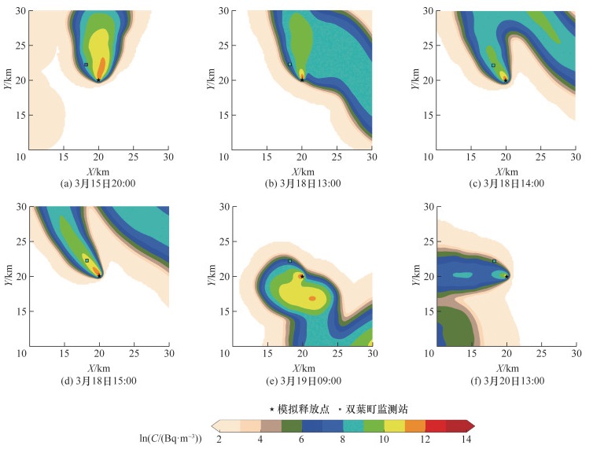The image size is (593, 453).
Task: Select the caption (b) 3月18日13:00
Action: click(301, 183)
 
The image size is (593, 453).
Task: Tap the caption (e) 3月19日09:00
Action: click(301, 381)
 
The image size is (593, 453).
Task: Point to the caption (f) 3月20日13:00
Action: click(506, 381)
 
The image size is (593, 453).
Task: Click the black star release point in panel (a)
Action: click(98, 79)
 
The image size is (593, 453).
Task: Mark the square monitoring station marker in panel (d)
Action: click(87, 260)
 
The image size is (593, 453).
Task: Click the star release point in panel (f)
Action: click(506, 276)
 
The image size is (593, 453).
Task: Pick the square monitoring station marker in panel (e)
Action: click(289, 261)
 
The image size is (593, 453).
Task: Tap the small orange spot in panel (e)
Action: click(312, 299)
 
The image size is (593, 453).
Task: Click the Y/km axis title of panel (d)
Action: click(10, 276)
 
